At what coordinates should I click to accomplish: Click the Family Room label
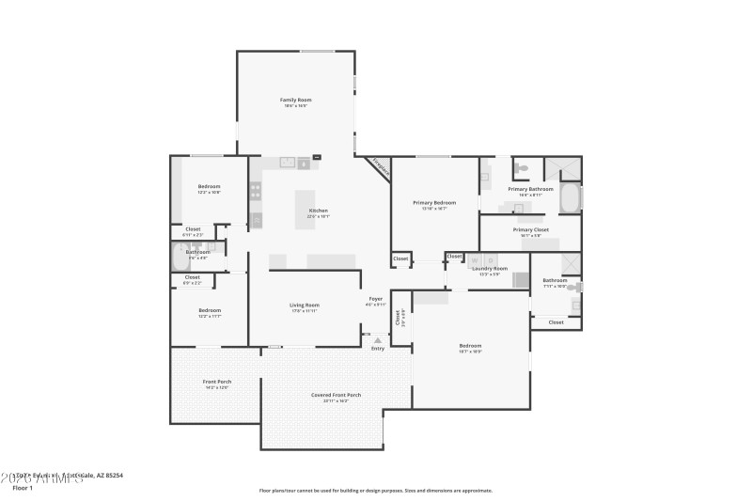tap(295, 100)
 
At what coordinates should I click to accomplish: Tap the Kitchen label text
tap(319, 210)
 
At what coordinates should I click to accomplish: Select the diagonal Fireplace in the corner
tap(380, 167)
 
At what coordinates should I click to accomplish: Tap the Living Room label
tap(304, 305)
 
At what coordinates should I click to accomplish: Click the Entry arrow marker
tap(378, 340)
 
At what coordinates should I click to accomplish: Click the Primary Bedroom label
tap(434, 203)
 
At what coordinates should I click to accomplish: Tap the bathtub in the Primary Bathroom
tap(570, 198)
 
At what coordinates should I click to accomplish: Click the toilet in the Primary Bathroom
tap(522, 168)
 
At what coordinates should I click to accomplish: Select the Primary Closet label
tap(530, 229)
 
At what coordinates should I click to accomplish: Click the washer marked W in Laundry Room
tap(476, 261)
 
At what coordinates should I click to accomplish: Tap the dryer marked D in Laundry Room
tap(490, 261)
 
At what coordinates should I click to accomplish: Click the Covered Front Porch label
tap(336, 395)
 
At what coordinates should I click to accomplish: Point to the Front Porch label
tap(217, 382)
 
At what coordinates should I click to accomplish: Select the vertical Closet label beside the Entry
tap(398, 318)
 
